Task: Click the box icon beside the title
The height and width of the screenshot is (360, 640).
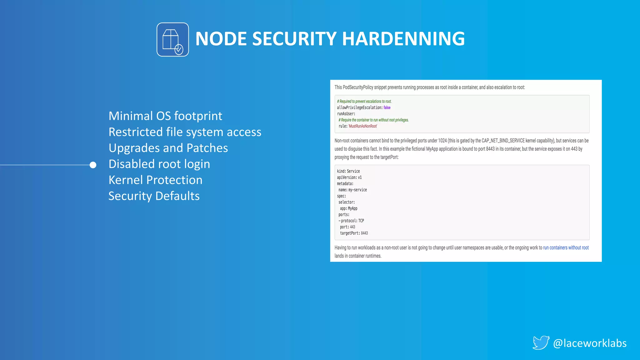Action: coord(172,40)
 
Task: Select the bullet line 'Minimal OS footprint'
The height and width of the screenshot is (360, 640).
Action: coord(165,116)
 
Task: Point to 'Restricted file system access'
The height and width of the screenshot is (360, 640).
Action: coord(185,132)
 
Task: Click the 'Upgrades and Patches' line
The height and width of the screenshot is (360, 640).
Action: coord(168,148)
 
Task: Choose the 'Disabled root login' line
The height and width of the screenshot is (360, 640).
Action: coord(159,164)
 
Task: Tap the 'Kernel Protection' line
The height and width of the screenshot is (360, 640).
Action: coord(155,180)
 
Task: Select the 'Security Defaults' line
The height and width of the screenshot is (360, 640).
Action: coord(154,196)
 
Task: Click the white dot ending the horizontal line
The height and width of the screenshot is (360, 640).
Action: coord(93,165)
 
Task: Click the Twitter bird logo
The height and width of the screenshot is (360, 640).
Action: coord(541,343)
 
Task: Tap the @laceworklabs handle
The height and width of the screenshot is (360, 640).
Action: coord(590,343)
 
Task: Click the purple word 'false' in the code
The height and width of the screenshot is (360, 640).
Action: coord(387,107)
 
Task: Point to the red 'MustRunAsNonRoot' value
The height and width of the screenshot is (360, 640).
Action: coord(363,126)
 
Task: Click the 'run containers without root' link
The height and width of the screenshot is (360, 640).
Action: coord(566,247)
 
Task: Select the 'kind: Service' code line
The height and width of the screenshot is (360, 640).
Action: coord(348,171)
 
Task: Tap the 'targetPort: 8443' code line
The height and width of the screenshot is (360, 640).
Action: coord(354,233)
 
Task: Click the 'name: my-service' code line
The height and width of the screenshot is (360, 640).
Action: coord(352,190)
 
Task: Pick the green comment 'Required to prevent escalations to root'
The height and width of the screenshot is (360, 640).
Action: coord(364,101)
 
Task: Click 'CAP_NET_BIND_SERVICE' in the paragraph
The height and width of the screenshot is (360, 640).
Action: coord(503,141)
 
